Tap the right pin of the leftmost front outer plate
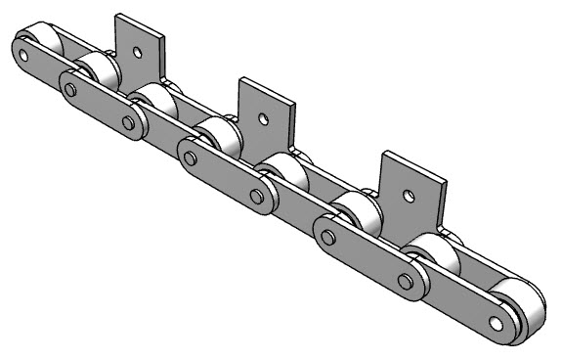128,121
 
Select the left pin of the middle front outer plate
190,157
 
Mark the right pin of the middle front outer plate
257,196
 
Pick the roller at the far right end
523,308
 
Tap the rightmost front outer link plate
367,258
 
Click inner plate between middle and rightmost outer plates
292,211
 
